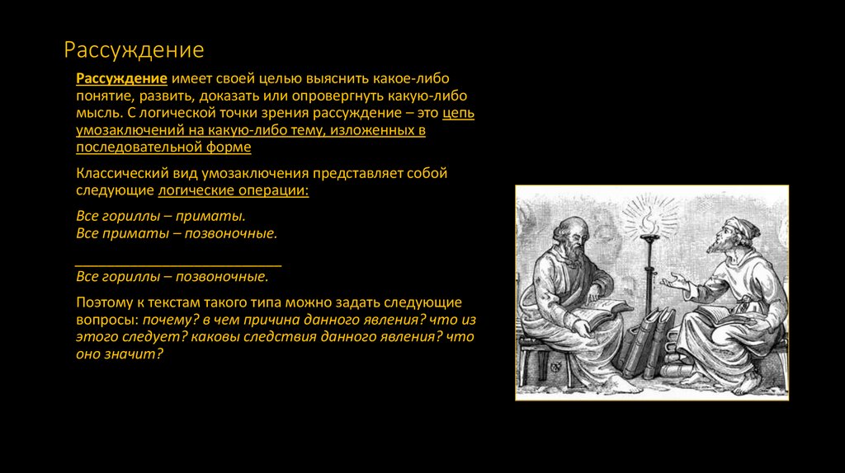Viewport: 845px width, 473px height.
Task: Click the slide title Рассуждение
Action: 135,50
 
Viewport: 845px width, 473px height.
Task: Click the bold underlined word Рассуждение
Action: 122,78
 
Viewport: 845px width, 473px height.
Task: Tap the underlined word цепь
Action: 458,114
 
